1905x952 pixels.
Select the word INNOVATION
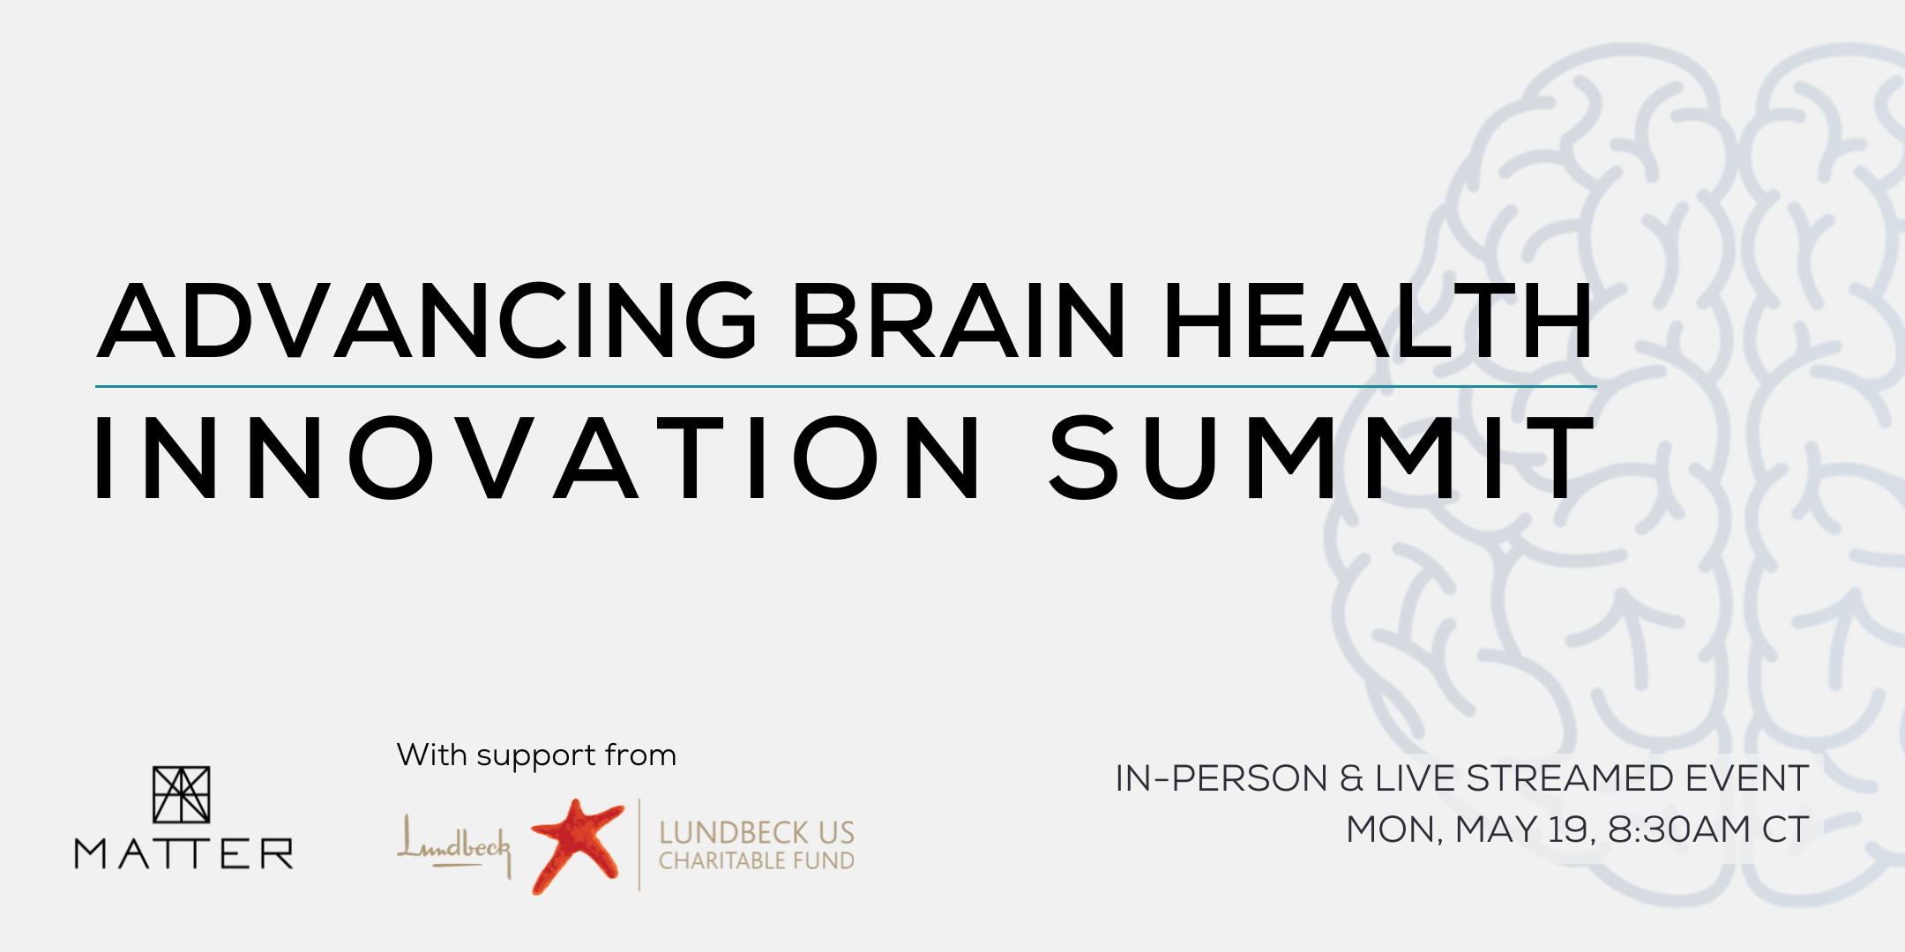pyautogui.click(x=538, y=458)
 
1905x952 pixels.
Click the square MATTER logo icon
pyautogui.click(x=182, y=794)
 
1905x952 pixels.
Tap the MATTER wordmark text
pyautogui.click(x=183, y=854)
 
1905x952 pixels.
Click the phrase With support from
pyautogui.click(x=536, y=755)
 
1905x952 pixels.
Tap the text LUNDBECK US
pyautogui.click(x=756, y=832)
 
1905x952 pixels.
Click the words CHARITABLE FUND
pyautogui.click(x=756, y=861)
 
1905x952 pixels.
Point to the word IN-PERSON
pyautogui.click(x=1221, y=779)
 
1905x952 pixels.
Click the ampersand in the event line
pyautogui.click(x=1351, y=779)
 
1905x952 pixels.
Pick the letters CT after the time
pyautogui.click(x=1786, y=829)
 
